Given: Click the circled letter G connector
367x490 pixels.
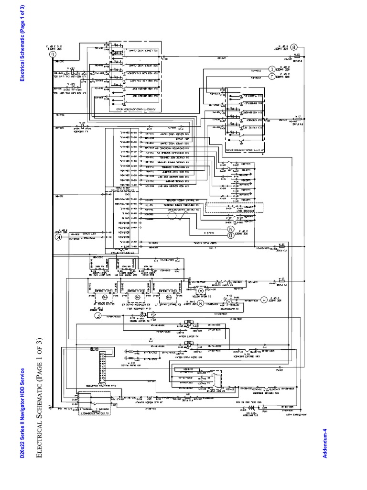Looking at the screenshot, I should click(52, 54).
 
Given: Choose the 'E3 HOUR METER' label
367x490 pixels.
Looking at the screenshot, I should click(212, 297).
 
